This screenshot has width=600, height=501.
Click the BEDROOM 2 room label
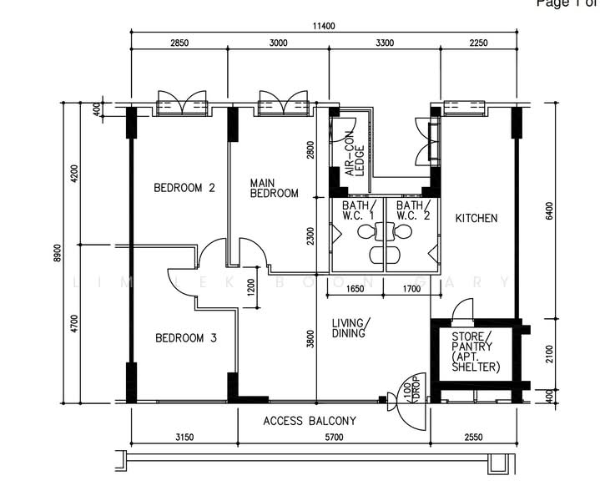click(x=184, y=188)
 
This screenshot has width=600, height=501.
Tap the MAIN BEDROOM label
click(x=274, y=188)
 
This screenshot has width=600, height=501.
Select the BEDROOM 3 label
click(x=186, y=338)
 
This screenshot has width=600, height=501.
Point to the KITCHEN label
click(x=476, y=218)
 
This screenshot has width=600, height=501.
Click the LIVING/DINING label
click(x=351, y=328)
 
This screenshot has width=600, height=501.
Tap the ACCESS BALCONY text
click(x=310, y=421)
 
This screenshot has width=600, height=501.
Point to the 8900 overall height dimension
click(x=57, y=251)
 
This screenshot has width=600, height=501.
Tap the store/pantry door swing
click(x=461, y=312)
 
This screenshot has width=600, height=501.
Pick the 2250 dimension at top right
click(x=478, y=43)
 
